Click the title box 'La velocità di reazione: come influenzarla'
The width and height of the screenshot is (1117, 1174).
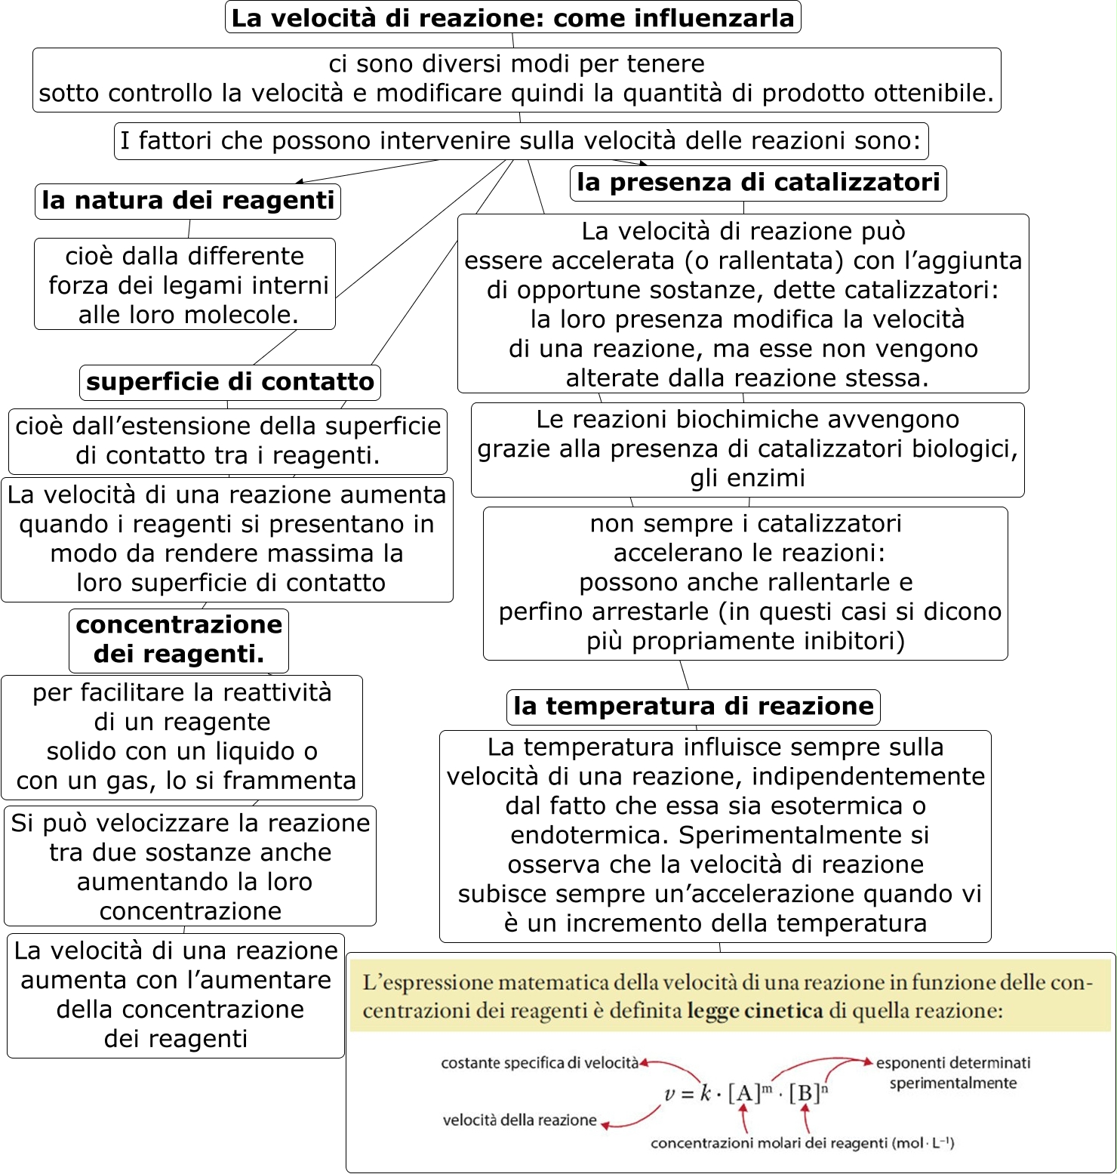(x=512, y=17)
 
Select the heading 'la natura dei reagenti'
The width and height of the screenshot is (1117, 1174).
(x=187, y=201)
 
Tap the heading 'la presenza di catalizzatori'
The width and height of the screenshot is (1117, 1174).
(x=758, y=183)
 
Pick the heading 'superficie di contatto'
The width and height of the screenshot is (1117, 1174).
(x=229, y=382)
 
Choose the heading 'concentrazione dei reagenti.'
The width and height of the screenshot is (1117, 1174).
(x=179, y=639)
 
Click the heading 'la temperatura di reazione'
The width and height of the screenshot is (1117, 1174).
(x=693, y=707)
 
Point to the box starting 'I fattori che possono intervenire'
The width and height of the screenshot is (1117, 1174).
(x=521, y=141)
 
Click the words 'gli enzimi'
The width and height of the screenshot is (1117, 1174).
(x=747, y=478)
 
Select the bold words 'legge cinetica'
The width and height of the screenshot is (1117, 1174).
(x=755, y=1011)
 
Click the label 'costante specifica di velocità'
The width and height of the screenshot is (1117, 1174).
(x=539, y=1063)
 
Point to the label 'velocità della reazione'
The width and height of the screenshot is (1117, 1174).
(x=519, y=1120)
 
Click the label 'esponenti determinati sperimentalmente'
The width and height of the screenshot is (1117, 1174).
(x=952, y=1073)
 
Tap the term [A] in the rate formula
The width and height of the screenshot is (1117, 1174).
(x=744, y=1093)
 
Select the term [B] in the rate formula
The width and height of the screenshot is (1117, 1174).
(x=805, y=1093)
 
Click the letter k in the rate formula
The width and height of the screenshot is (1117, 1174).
(x=706, y=1093)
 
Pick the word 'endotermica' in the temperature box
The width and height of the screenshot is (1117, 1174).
(x=589, y=836)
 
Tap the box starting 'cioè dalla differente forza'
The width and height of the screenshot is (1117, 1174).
(x=185, y=285)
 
